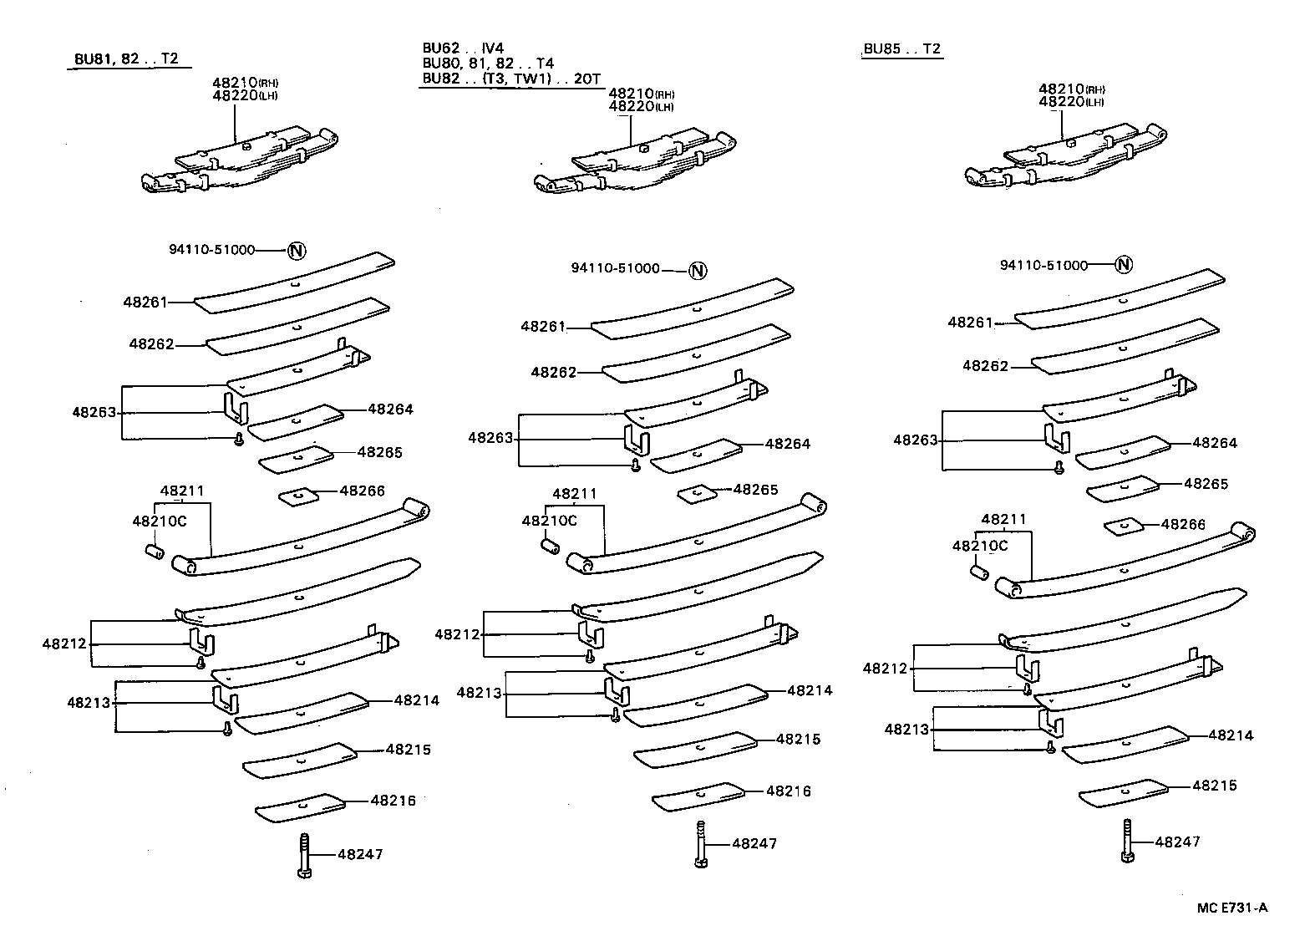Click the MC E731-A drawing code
point(1232,908)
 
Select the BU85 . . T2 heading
point(902,48)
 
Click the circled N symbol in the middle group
point(698,270)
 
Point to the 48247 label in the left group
point(361,854)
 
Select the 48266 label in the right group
point(1183,524)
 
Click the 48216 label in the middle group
point(788,791)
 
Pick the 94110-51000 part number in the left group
point(211,250)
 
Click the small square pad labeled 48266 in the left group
point(298,496)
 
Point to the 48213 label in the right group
point(906,730)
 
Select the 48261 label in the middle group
point(543,327)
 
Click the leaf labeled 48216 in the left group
point(300,807)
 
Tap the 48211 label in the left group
point(182,491)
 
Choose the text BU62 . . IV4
point(463,48)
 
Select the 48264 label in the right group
point(1215,443)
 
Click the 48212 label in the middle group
point(457,634)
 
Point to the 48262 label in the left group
point(151,343)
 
